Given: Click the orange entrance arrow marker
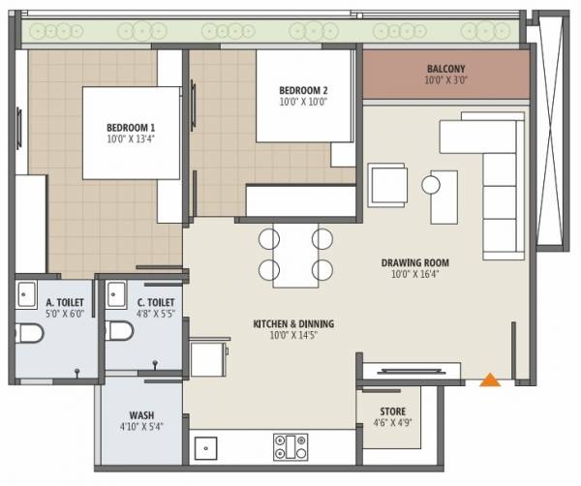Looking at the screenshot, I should (x=491, y=380).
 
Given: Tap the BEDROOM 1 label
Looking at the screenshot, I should (x=132, y=127).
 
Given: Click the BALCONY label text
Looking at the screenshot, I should (x=446, y=69).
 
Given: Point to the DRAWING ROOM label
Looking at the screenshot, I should (x=414, y=262).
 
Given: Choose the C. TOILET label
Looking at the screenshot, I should (x=141, y=303).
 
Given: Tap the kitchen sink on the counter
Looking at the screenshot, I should (x=205, y=448).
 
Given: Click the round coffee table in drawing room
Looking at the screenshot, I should (x=431, y=184).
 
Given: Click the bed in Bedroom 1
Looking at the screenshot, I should (x=132, y=134).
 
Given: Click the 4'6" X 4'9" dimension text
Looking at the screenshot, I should (x=393, y=423).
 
